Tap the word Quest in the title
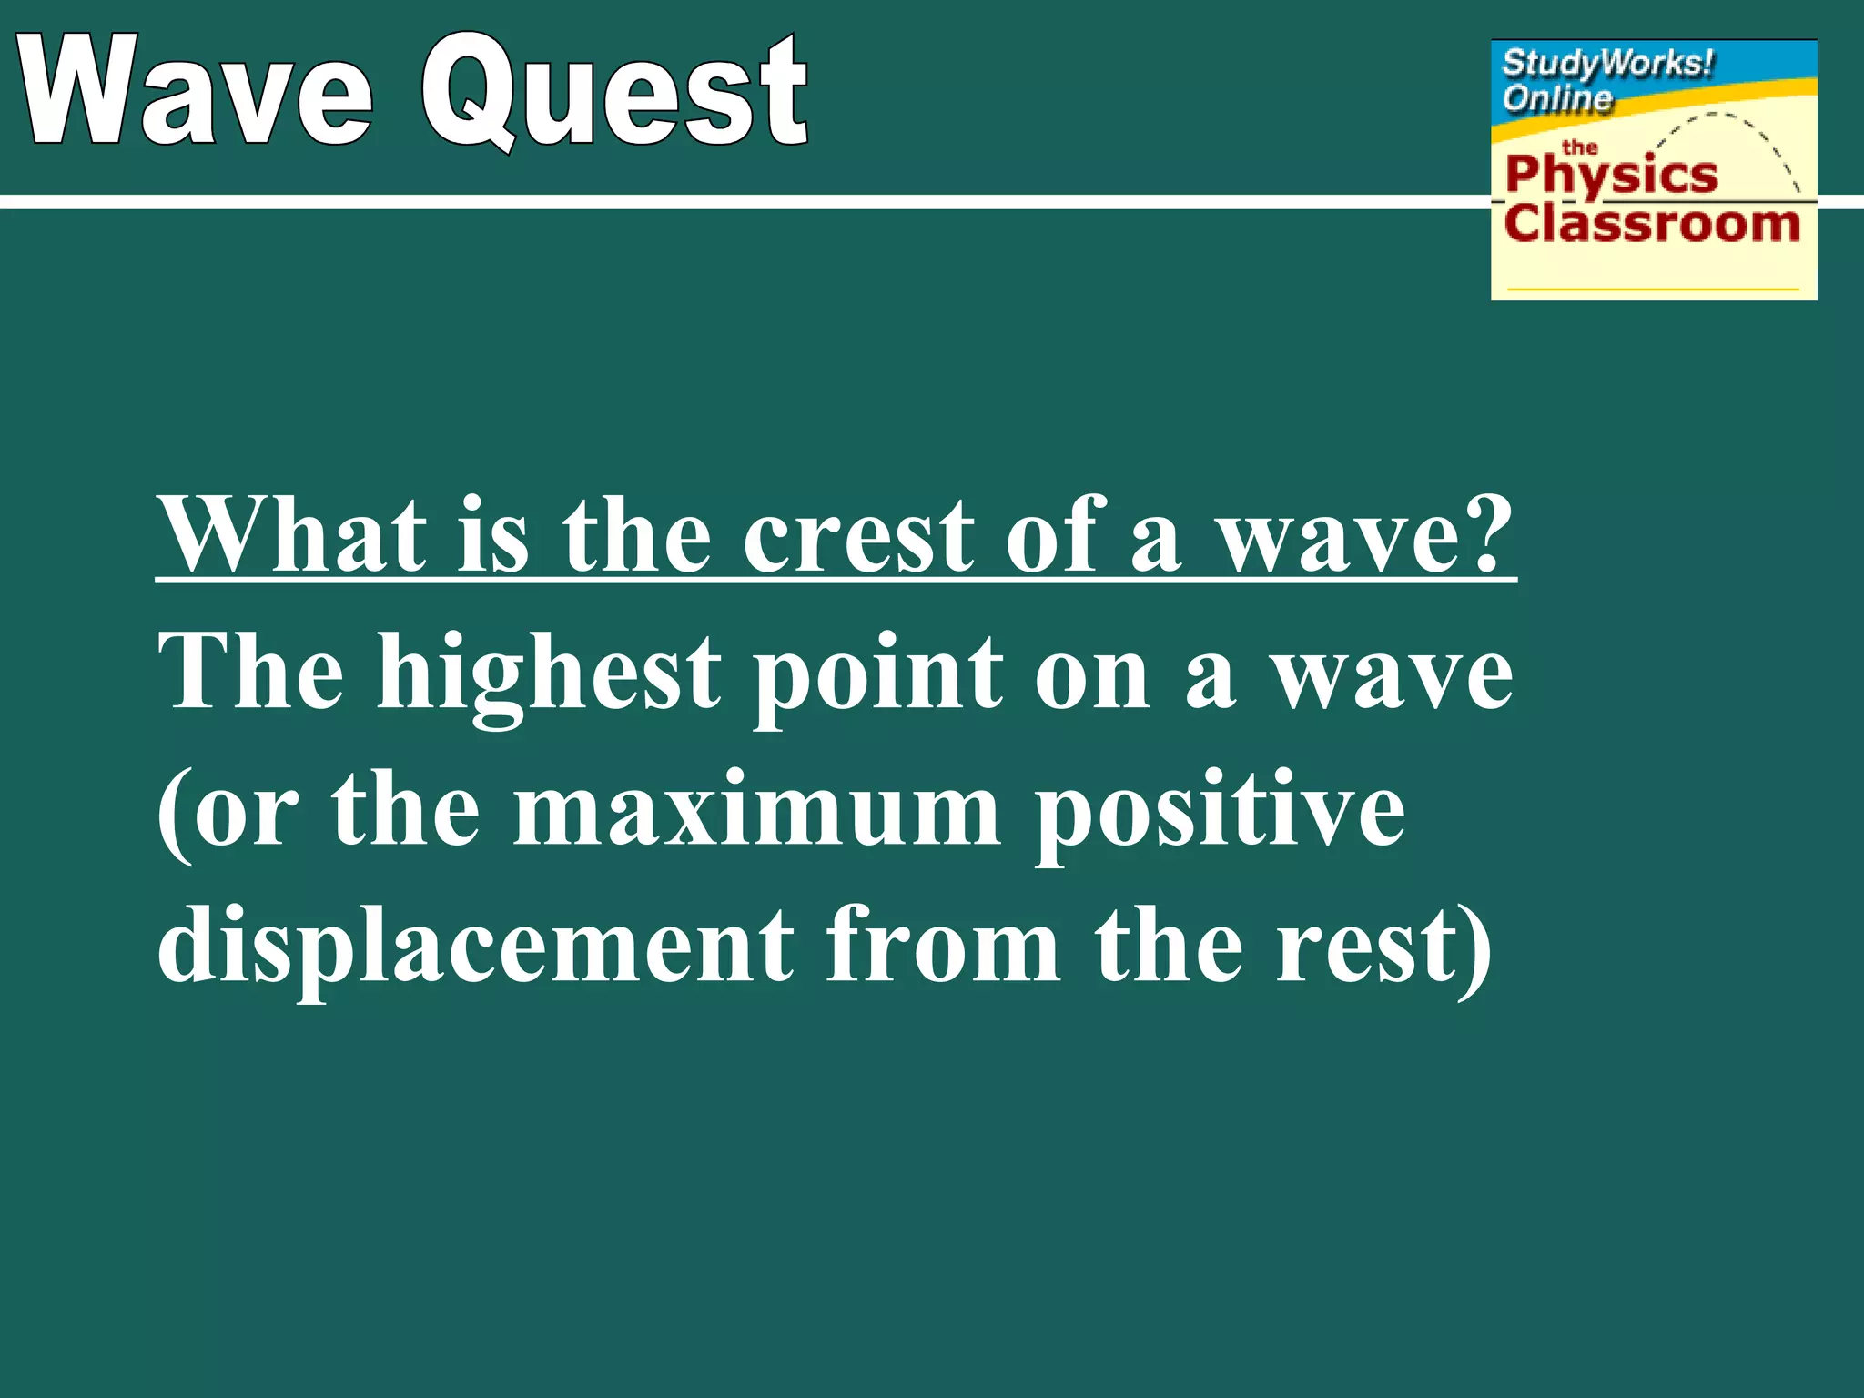pos(615,91)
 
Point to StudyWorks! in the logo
pos(1607,64)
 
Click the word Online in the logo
pos(1556,97)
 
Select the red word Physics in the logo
pos(1611,175)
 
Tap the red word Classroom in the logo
pos(1651,224)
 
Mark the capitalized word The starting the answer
pos(251,674)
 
